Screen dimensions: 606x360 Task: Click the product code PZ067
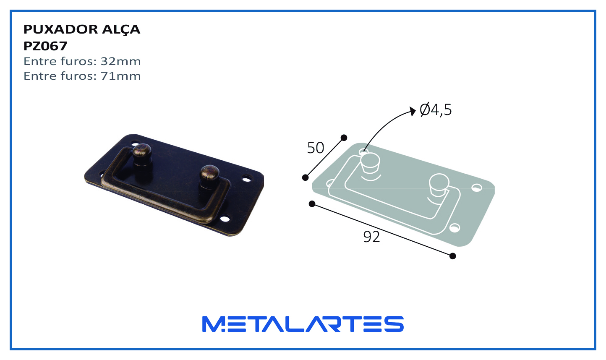45,46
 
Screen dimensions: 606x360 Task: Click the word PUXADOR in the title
60,29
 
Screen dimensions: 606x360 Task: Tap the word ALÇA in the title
121,30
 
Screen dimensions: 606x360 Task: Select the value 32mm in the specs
121,61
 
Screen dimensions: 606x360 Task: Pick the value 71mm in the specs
121,76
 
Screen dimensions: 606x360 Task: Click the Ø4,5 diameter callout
436,110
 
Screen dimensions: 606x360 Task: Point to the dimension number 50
316,148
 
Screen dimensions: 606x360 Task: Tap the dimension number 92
371,237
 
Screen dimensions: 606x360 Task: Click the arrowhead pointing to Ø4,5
413,111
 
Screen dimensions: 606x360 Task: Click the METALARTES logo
303,324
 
